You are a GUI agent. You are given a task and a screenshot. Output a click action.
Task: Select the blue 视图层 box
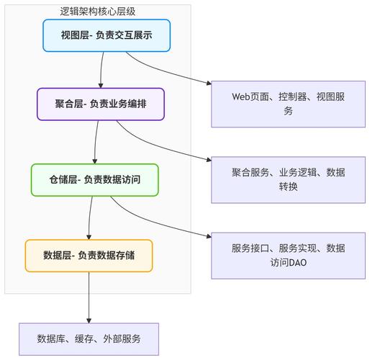[x=107, y=35]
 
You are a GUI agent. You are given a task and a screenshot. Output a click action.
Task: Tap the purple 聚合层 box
[x=100, y=104]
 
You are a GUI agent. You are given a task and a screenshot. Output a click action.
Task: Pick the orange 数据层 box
[x=89, y=256]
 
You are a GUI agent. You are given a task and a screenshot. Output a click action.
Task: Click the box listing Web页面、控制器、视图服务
[x=288, y=104]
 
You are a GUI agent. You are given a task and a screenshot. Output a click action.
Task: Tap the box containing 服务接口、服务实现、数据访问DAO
[x=288, y=256]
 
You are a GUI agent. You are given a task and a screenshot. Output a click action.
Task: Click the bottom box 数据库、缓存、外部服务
[x=89, y=338]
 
